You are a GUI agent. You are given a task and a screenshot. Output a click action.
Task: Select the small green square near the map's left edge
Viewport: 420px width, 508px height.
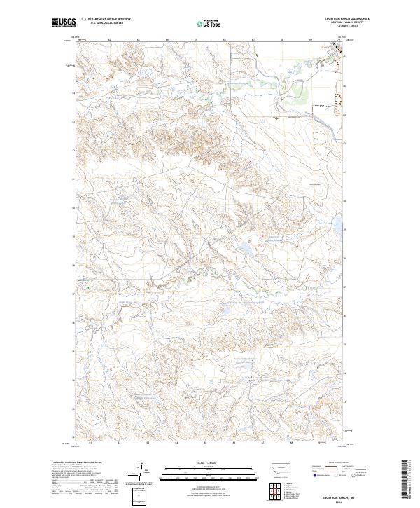(x=87, y=285)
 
